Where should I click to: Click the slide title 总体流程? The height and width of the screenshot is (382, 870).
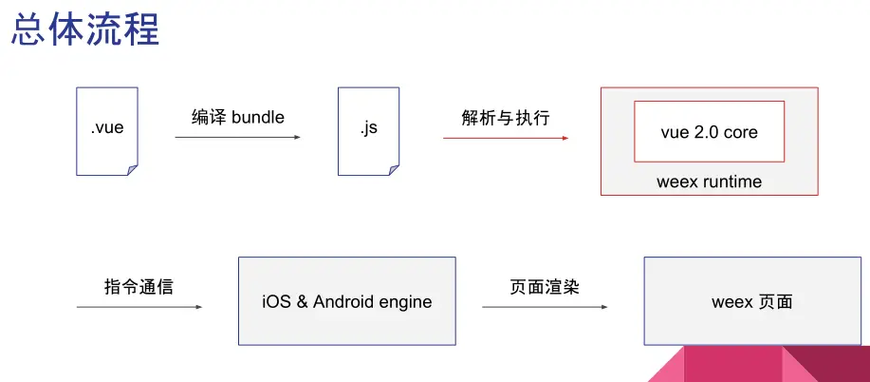84,30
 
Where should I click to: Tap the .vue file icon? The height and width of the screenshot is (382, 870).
106,131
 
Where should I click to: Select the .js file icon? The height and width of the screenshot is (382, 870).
368,131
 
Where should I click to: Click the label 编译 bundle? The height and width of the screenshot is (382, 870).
237,117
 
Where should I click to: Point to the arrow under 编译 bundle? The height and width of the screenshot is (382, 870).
237,138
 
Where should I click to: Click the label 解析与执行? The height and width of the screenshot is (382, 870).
505,117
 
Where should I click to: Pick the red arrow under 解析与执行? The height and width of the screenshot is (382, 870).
505,138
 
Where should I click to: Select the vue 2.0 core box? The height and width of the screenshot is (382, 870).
709,131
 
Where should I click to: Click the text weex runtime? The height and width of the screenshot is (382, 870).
709,181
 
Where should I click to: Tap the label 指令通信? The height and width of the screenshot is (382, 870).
139,286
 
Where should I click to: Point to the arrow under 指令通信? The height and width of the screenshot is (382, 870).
139,307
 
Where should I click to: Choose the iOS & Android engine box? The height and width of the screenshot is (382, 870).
346,301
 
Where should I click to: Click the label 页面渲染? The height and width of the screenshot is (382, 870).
544,286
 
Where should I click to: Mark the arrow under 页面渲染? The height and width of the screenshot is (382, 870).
544,307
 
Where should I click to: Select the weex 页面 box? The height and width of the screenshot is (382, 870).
751,301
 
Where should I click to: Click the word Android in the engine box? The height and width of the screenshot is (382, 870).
346,302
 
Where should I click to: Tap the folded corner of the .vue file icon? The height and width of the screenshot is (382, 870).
132,169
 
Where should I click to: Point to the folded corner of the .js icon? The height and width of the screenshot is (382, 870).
393,169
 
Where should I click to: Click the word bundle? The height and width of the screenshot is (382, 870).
257,117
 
